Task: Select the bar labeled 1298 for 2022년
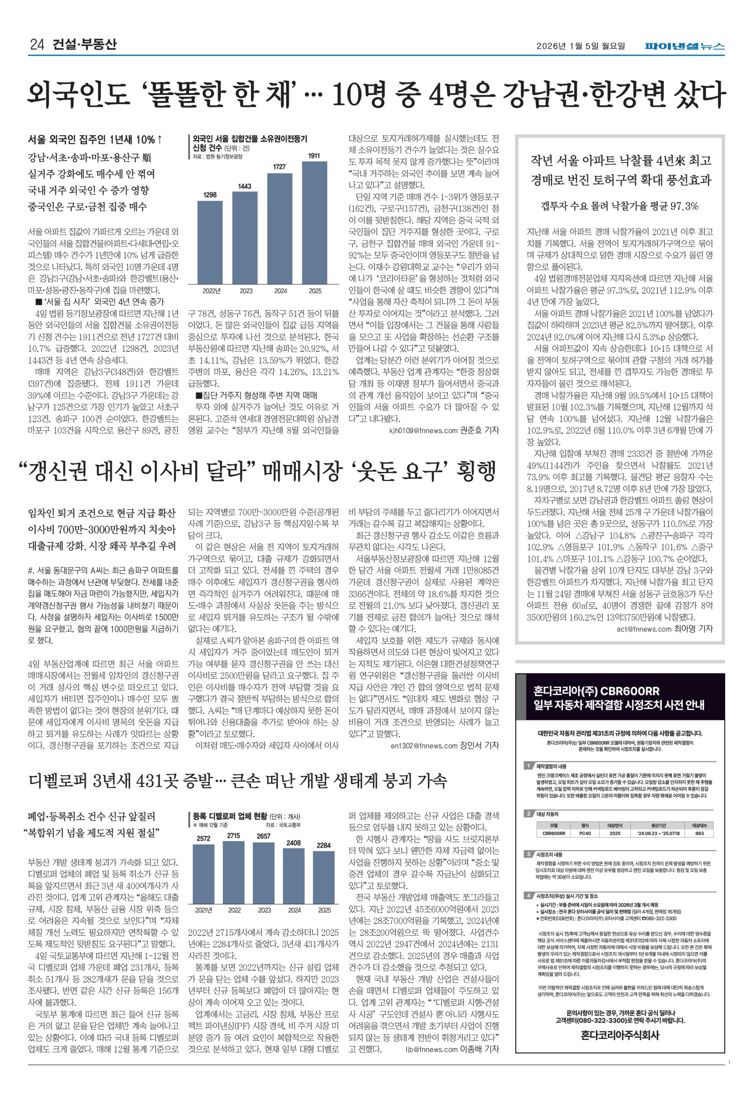(x=210, y=242)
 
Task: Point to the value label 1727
(x=280, y=166)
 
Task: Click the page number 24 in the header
(x=37, y=45)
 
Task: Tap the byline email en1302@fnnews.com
(x=424, y=746)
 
